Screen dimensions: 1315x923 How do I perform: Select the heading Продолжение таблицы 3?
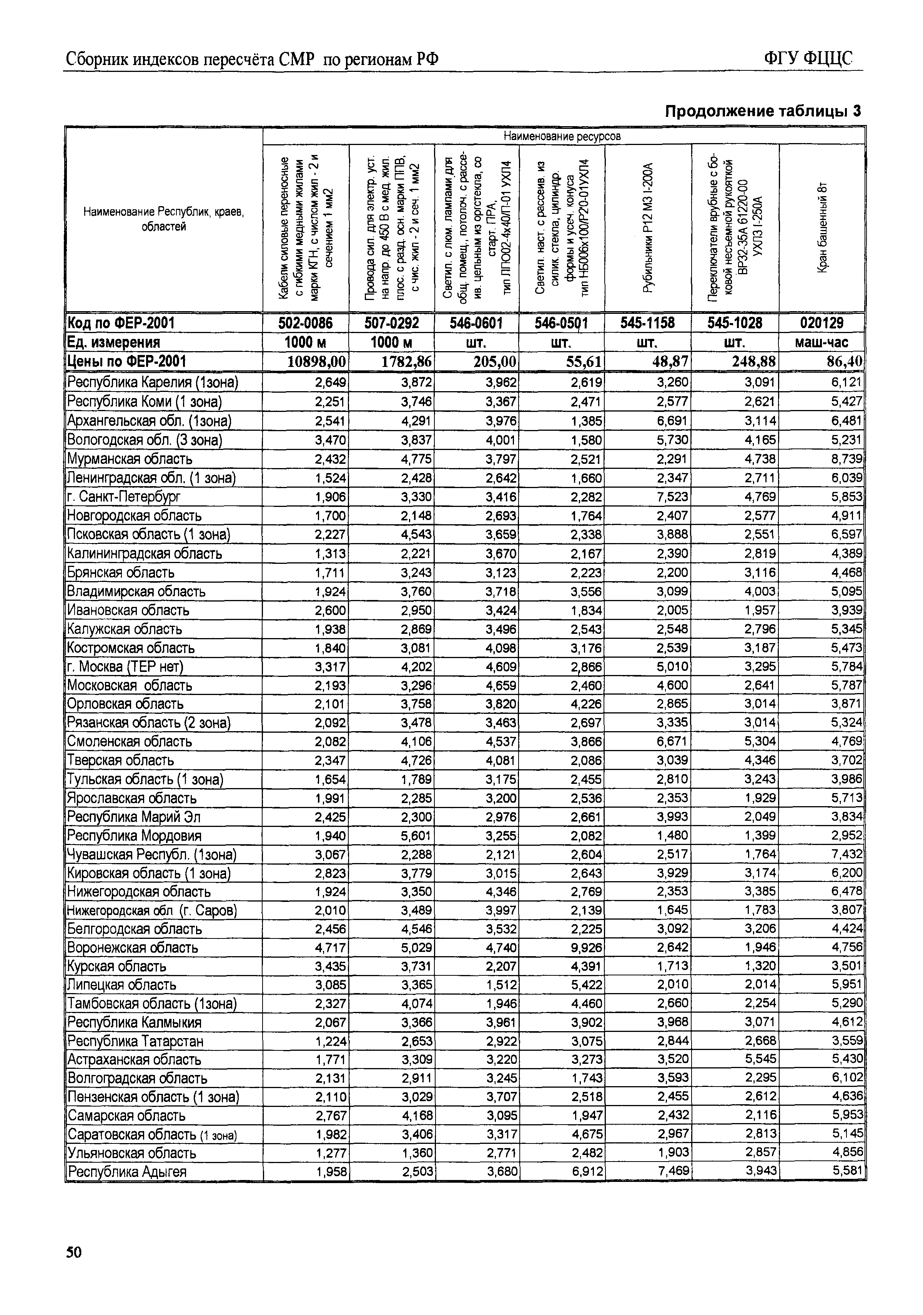pyautogui.click(x=763, y=110)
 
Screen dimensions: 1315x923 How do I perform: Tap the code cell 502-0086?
pyautogui.click(x=305, y=323)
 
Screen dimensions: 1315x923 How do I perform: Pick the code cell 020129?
pyautogui.click(x=822, y=323)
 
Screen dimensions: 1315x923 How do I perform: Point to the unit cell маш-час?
pyautogui.click(x=822, y=342)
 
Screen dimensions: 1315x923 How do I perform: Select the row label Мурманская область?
pyautogui.click(x=130, y=459)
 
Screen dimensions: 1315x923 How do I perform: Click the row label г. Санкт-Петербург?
pyautogui.click(x=124, y=497)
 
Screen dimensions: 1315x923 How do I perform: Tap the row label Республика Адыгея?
pyautogui.click(x=127, y=1172)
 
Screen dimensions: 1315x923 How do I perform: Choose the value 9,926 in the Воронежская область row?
pyautogui.click(x=586, y=947)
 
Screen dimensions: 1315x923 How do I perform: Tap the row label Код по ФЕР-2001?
pyautogui.click(x=121, y=323)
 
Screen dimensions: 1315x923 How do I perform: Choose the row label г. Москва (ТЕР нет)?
pyautogui.click(x=125, y=667)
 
